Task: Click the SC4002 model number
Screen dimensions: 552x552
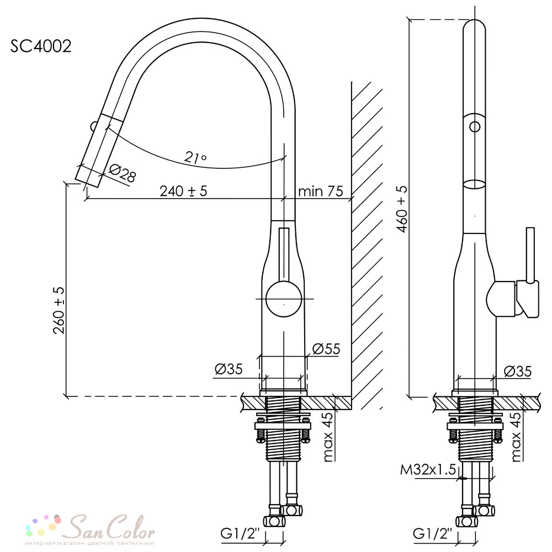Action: point(41,46)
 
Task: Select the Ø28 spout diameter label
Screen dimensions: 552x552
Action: point(122,174)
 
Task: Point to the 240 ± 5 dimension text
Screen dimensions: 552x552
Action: point(183,191)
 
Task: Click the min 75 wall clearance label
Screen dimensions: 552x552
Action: point(320,191)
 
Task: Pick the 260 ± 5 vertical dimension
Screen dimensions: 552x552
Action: point(59,310)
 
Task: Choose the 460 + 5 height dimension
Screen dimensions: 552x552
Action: point(402,209)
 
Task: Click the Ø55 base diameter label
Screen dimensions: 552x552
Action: point(326,349)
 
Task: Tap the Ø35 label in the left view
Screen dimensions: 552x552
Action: point(229,369)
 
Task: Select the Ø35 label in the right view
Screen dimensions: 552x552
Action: point(518,371)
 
